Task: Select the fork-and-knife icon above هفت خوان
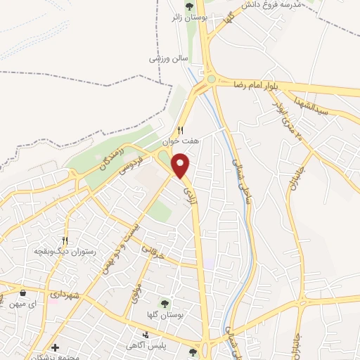click(x=181, y=129)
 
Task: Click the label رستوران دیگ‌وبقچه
click(x=65, y=250)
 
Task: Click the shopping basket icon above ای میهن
click(x=24, y=292)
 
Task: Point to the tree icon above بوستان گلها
click(x=165, y=303)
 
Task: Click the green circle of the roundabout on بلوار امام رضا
click(x=212, y=79)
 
